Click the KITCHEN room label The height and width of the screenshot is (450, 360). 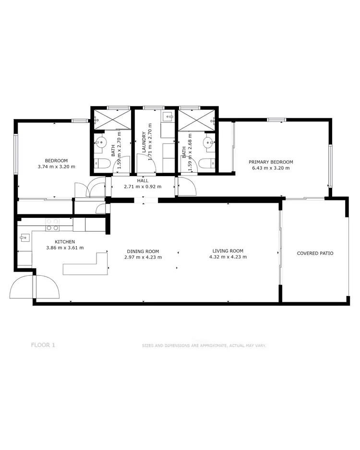tap(64, 242)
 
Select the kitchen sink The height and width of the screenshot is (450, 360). tap(24, 237)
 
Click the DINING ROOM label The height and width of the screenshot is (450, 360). tap(143, 251)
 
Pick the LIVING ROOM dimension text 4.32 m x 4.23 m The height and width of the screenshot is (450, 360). tap(228, 257)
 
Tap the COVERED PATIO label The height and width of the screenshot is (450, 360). tap(315, 253)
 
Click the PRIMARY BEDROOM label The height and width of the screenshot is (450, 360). tap(271, 162)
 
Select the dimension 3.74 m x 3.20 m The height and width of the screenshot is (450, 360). tap(56, 167)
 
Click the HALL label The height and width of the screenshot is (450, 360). tap(143, 180)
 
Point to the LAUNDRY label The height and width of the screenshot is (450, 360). tap(144, 143)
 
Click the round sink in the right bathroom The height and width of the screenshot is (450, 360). tap(208, 142)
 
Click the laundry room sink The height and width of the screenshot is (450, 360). tap(169, 117)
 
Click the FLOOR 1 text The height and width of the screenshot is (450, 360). tap(43, 344)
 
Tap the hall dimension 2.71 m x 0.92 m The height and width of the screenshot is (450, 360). tap(143, 187)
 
